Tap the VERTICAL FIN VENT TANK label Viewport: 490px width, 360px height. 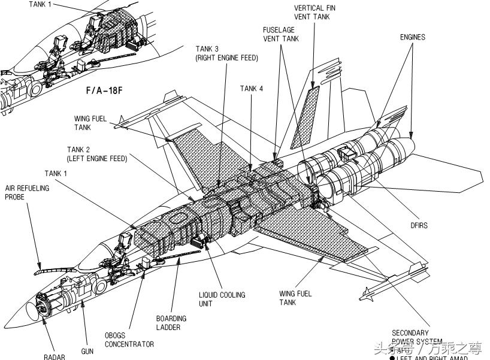tap(314, 13)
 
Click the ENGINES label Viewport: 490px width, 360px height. tap(413, 37)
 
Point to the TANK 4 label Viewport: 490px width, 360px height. tap(252, 89)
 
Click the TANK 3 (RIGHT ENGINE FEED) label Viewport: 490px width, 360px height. tap(226, 53)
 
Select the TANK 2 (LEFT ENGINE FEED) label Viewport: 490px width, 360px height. tap(96, 154)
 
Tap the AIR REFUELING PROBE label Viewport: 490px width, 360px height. tap(28, 192)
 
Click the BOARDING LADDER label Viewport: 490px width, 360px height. tap(171, 323)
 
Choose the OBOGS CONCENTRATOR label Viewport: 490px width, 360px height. tap(129, 340)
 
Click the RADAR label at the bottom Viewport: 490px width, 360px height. tap(55, 357)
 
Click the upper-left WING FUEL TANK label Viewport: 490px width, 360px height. tap(90, 123)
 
